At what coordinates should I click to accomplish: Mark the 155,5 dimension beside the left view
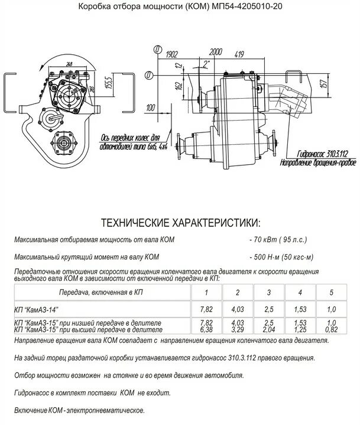point(108,82)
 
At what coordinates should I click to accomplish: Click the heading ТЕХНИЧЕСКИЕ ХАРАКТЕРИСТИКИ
point(180,223)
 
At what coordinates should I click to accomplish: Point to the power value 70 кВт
point(265,241)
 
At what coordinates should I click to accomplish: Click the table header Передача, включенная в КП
point(100,292)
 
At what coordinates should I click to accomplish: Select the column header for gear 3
point(268,293)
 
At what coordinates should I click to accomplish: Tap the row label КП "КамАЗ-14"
point(37,309)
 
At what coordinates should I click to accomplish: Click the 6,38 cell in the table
point(206,330)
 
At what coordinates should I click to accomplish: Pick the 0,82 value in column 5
point(332,330)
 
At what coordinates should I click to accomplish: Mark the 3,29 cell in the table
point(238,330)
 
